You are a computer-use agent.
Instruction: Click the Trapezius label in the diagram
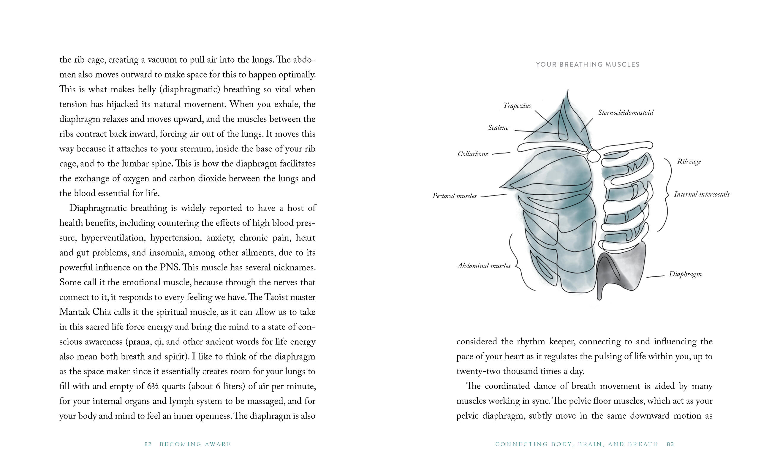pos(517,106)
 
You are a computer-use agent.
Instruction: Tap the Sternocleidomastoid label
pos(626,113)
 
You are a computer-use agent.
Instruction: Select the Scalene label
pos(498,128)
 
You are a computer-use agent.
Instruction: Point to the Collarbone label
pos(473,154)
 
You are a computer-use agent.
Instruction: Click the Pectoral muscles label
pos(454,196)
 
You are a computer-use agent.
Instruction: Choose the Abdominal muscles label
pos(484,266)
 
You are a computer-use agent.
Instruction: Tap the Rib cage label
pos(689,162)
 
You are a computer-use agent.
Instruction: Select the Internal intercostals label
pos(702,194)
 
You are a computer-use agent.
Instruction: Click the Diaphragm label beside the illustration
pos(685,274)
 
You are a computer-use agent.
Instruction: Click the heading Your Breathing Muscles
pos(588,64)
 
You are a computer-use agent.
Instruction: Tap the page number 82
pos(148,444)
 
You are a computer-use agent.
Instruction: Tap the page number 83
pos(670,444)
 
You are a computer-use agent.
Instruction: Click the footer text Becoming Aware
pos(195,444)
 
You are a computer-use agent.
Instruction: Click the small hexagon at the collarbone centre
pos(594,156)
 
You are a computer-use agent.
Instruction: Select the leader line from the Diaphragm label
pos(655,276)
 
